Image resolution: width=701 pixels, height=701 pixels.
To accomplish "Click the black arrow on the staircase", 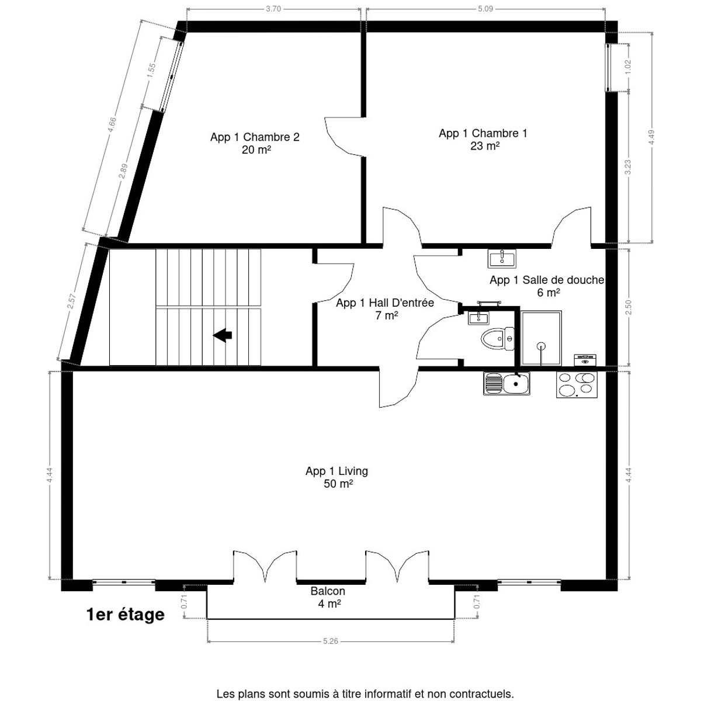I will (x=223, y=335).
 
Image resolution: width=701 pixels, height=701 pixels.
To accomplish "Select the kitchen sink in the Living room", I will (x=507, y=384).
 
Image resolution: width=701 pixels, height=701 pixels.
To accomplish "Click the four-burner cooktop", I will (x=577, y=384).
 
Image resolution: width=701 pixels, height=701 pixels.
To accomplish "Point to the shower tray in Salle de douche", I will (x=542, y=338).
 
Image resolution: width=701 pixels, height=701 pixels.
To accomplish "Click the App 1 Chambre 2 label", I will (x=255, y=137).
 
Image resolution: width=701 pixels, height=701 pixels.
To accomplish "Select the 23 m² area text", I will (x=484, y=146).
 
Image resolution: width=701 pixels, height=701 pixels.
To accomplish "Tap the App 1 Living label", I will (x=336, y=471).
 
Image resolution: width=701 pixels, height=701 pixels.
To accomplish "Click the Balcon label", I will (x=328, y=591).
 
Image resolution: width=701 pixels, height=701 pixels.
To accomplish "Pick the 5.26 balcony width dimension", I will (x=331, y=641).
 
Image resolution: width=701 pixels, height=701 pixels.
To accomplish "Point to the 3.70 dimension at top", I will (x=273, y=9).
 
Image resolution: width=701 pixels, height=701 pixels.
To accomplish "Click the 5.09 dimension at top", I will (x=485, y=9).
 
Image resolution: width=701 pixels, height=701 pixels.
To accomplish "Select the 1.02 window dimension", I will (x=629, y=66).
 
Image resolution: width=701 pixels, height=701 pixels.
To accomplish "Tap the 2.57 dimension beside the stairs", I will (x=72, y=301).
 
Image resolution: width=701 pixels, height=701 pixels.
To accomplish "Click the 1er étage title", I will (x=125, y=615).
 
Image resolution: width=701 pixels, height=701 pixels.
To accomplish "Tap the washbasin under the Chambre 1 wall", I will (x=502, y=258).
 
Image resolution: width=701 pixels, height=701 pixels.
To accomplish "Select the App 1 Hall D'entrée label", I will (x=384, y=303).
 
